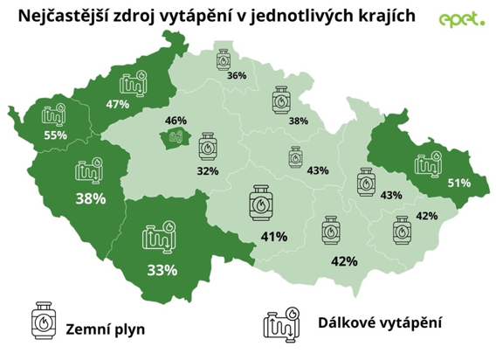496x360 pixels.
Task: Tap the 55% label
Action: coord(54,135)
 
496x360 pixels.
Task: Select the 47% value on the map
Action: coord(118,104)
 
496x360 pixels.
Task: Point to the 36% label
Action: coord(236,77)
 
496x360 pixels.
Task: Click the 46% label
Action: coord(176,121)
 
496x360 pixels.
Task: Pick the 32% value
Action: coord(208,170)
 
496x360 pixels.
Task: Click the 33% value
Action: coord(162,269)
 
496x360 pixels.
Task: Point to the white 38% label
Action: coord(90,198)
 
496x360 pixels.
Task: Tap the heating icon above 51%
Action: coord(430,162)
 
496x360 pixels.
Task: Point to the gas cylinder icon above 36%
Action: coord(225,59)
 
